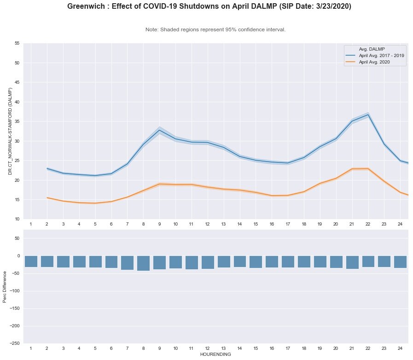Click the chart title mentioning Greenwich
(209, 6)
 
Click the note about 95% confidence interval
(215, 29)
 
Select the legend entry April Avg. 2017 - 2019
(382, 55)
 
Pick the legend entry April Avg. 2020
(377, 62)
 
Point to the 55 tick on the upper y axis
(17, 43)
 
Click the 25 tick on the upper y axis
(17, 161)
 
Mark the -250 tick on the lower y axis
(15, 343)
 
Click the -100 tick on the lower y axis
(15, 291)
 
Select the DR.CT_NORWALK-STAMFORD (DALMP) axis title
(10, 131)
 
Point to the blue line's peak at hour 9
(159, 130)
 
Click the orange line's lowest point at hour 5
(95, 203)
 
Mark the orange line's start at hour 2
(47, 197)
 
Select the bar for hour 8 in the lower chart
(143, 263)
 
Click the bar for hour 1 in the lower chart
(31, 261)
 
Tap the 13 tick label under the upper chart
(223, 224)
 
